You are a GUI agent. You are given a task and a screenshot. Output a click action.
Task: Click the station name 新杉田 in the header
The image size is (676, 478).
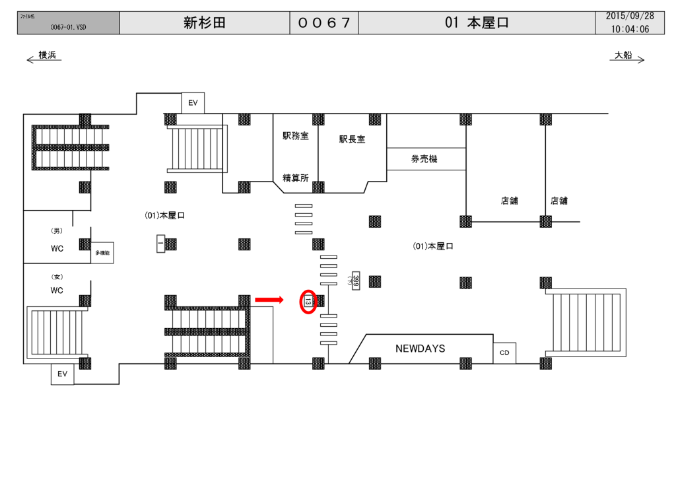[205, 23]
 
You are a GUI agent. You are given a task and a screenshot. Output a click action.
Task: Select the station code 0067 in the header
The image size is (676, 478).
[323, 23]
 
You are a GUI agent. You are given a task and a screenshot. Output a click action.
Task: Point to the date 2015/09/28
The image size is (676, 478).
[630, 16]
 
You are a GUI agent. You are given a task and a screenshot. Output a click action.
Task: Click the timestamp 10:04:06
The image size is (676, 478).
[630, 29]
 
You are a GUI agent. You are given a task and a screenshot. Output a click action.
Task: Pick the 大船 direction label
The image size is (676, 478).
[623, 55]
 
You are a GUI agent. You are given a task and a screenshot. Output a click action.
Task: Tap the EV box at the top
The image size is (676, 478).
[193, 103]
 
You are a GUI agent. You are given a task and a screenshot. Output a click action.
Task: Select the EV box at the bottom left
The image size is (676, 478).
[63, 374]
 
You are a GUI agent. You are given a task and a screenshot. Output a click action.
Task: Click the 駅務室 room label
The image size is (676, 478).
[296, 136]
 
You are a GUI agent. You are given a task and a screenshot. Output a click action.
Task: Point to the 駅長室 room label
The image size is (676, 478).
[353, 139]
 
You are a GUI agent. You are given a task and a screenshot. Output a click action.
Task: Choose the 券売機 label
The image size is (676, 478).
[424, 159]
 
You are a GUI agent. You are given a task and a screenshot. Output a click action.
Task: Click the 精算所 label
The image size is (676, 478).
[296, 177]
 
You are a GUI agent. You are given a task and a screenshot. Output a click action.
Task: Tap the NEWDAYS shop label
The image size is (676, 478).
[421, 348]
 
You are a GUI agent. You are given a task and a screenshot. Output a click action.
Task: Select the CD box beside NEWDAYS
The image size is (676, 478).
[504, 353]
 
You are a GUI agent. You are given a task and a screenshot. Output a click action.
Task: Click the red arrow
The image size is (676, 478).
[269, 300]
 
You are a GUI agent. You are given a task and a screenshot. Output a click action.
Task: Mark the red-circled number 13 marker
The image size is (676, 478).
[308, 302]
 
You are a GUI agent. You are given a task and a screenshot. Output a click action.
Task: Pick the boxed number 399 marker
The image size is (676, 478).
[355, 281]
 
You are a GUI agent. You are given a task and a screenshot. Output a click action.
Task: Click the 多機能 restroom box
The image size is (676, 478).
[102, 253]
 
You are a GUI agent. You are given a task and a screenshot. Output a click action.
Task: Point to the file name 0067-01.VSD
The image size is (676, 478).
[68, 28]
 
